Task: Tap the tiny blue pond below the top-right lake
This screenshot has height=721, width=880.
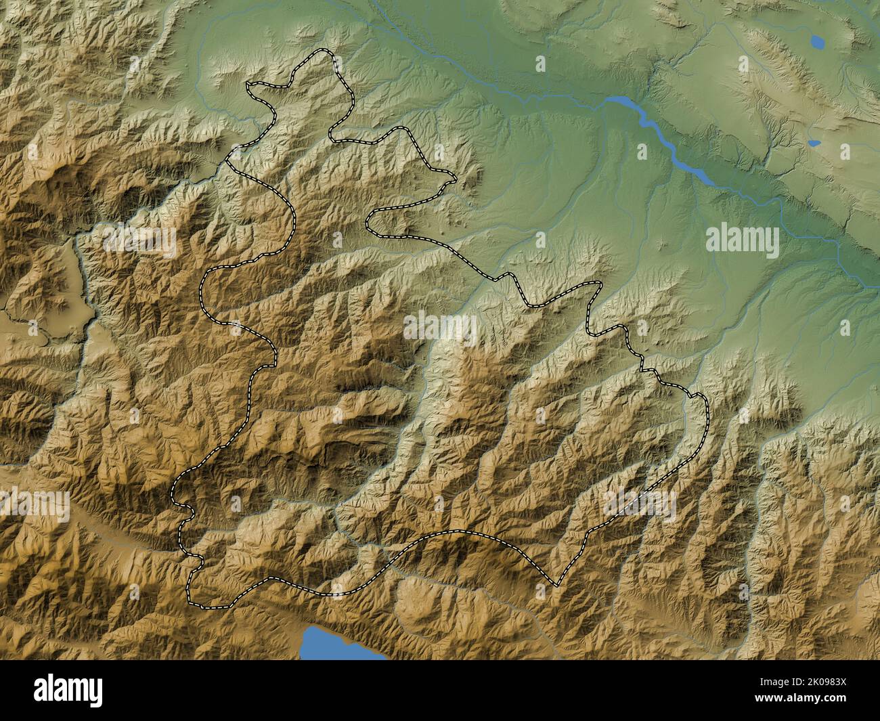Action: tap(814, 144)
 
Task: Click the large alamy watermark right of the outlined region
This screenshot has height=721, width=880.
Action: tap(743, 239)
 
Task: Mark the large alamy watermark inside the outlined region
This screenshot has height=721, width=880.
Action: tap(440, 328)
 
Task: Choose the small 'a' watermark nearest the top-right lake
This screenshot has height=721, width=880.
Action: tap(743, 63)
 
